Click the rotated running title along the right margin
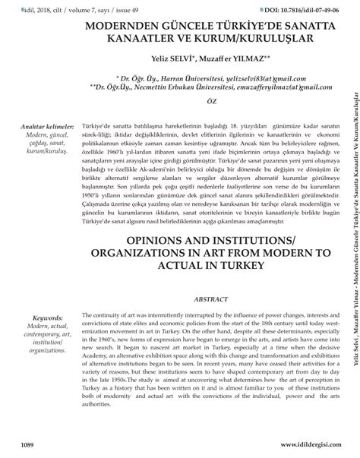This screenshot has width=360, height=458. coord(351,228)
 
